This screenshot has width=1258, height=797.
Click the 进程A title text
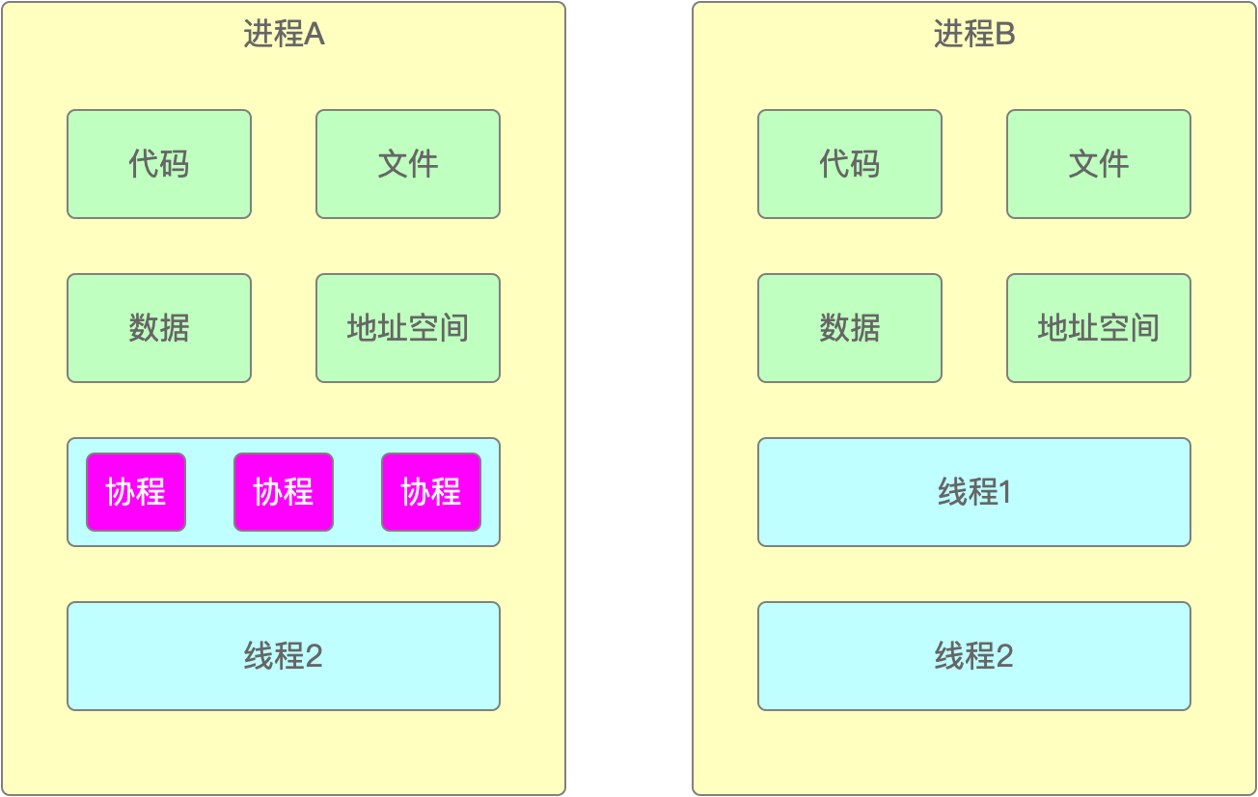[284, 35]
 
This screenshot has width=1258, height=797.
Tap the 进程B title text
[974, 35]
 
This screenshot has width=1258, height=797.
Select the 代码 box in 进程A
[159, 164]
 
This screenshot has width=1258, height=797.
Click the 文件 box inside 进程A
[408, 164]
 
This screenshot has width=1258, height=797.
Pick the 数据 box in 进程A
[159, 328]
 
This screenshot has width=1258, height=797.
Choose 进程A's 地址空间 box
[408, 328]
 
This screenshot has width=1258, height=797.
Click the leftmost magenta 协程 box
[136, 492]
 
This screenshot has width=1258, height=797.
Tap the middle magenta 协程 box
[284, 492]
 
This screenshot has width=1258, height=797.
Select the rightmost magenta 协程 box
[431, 492]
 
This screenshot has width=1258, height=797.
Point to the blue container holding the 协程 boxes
[210, 537]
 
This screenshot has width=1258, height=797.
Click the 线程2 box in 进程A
[284, 656]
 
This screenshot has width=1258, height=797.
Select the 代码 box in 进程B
[850, 164]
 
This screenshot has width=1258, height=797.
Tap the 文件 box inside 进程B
[1099, 164]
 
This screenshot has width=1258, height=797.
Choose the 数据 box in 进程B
[850, 328]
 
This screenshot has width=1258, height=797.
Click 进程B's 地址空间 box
[1099, 328]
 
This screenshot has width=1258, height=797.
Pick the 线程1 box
[974, 492]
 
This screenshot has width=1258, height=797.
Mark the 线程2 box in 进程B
[974, 656]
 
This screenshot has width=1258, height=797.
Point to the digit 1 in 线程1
[1005, 493]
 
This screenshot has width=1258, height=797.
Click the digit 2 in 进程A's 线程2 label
[314, 657]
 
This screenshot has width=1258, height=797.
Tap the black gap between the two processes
[629, 398]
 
